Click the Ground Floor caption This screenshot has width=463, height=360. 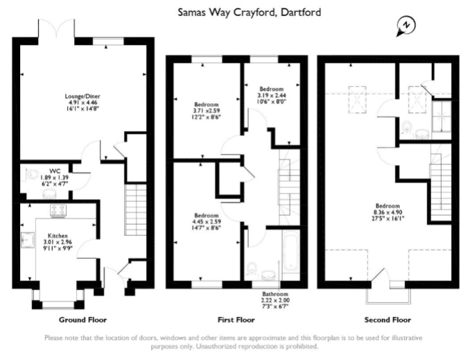tap(82, 320)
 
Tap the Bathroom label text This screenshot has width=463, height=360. tap(275, 293)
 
